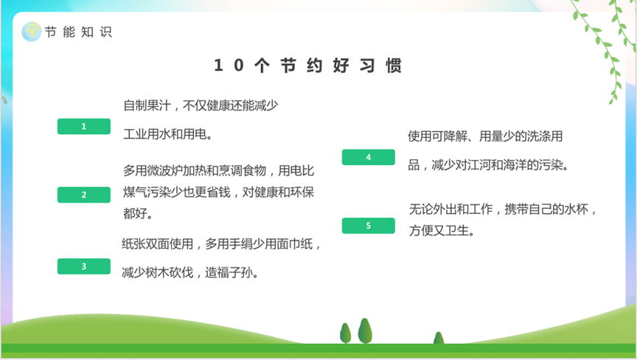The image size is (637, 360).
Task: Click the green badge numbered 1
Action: coord(84,126)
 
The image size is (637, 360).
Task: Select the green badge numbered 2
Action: coord(84,195)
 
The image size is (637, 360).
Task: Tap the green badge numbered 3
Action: coord(84,266)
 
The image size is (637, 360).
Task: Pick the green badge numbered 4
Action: coord(369,157)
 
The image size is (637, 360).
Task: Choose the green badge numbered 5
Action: coord(369,226)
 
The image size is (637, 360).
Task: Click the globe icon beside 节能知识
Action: coord(31,32)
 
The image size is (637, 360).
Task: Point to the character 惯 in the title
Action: coord(394,66)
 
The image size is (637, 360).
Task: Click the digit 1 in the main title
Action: coord(218,66)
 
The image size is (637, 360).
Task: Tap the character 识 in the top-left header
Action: coord(105,32)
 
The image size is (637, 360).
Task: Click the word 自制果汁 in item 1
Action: coord(147,105)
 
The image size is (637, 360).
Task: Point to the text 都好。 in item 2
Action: coord(138,213)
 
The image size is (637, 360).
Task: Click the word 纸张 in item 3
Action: coord(133,243)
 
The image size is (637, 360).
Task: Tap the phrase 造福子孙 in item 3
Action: coord(229,272)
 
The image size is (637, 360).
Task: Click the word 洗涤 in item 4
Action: coord(539,136)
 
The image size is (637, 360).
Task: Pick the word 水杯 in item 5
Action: coord(576,210)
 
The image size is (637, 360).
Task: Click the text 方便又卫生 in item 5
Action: coord(439,231)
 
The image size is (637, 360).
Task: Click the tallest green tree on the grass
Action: coord(365,330)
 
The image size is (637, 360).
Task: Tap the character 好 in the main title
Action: coord(341,66)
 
